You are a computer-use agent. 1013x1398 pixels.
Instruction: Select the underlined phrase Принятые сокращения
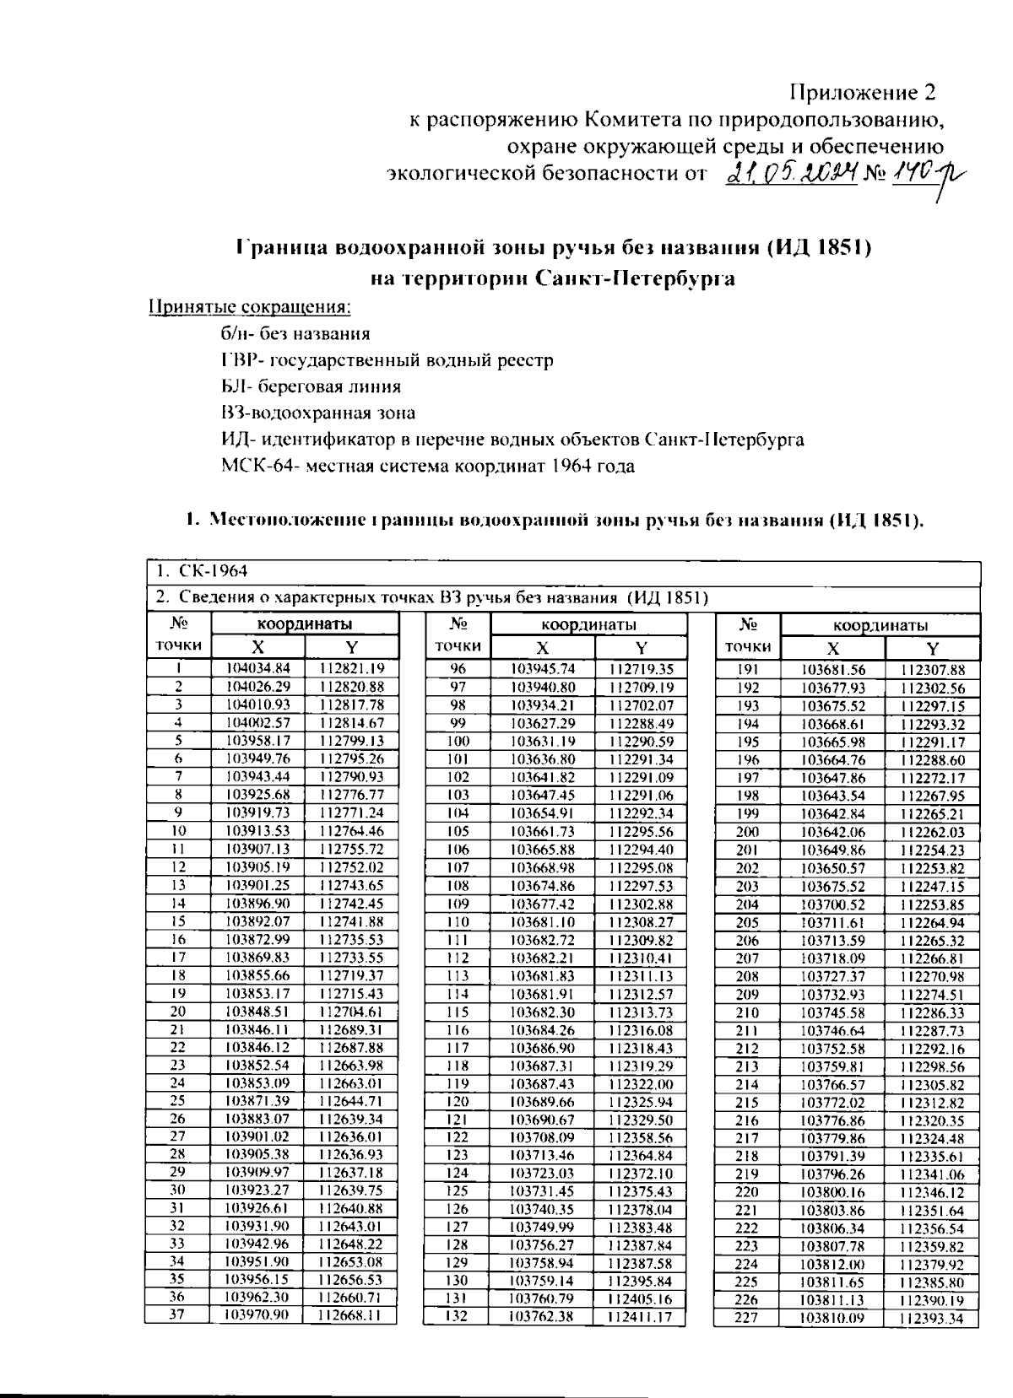click(250, 306)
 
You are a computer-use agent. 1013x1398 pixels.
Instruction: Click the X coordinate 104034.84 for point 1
click(258, 668)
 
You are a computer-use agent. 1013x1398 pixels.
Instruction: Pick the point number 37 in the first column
click(177, 1314)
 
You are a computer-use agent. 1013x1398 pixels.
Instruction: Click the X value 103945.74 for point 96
click(543, 668)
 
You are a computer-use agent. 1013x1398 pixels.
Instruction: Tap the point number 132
click(456, 1315)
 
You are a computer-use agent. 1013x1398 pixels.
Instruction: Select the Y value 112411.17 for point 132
click(642, 1316)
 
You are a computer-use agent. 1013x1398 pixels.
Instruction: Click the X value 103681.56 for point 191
click(832, 670)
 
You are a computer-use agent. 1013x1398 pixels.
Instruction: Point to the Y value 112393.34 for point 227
click(931, 1318)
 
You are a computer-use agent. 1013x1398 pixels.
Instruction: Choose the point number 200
click(748, 831)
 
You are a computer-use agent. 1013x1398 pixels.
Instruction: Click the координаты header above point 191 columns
click(880, 625)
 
